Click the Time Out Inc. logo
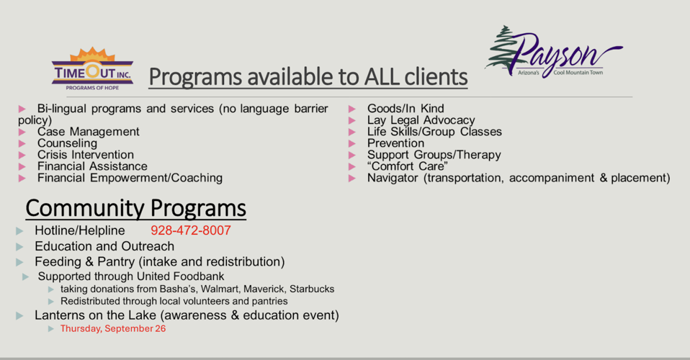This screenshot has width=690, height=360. (x=91, y=69)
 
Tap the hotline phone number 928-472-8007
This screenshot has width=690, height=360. (x=191, y=231)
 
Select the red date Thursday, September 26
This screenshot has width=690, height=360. (x=113, y=328)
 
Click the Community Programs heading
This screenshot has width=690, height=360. (x=135, y=208)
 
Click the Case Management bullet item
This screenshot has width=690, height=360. (x=89, y=132)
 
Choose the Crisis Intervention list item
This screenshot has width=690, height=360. (x=86, y=155)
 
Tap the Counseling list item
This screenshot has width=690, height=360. (x=67, y=143)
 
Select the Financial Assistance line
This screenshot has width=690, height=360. (x=92, y=166)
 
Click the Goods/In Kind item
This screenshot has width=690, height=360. (x=406, y=109)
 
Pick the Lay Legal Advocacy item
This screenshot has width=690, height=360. (x=421, y=120)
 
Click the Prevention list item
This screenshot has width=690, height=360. (x=396, y=143)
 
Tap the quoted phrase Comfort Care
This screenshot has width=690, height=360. (x=407, y=166)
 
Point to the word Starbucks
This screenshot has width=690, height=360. (x=312, y=289)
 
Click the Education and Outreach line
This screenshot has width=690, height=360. (x=104, y=246)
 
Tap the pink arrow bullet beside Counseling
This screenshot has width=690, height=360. (x=22, y=143)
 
